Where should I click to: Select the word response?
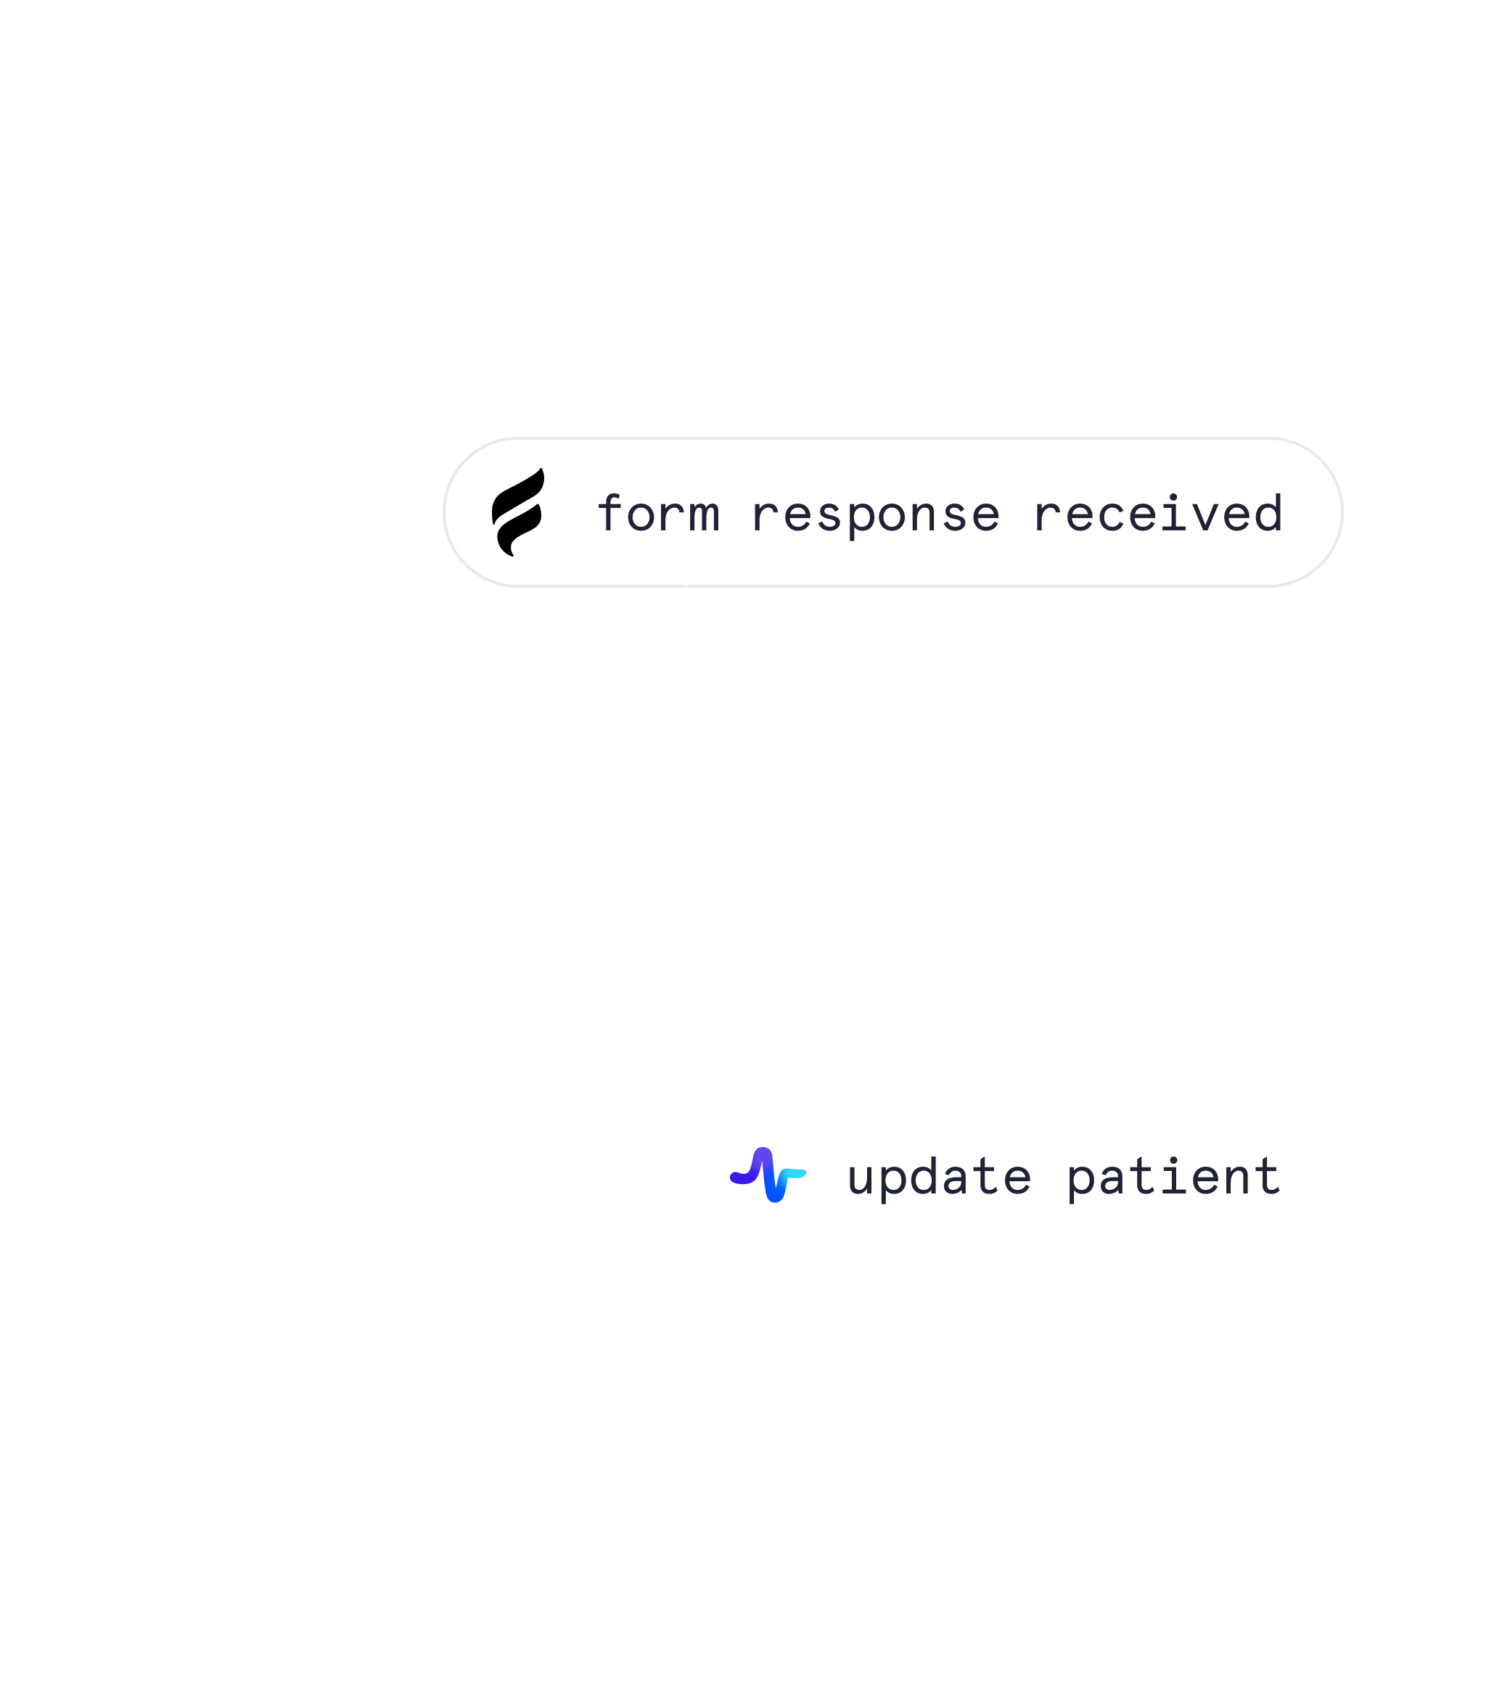tap(875, 516)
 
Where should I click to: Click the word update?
tap(940, 1177)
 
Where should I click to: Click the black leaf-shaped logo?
tap(518, 512)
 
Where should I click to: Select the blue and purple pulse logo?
tap(768, 1174)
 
